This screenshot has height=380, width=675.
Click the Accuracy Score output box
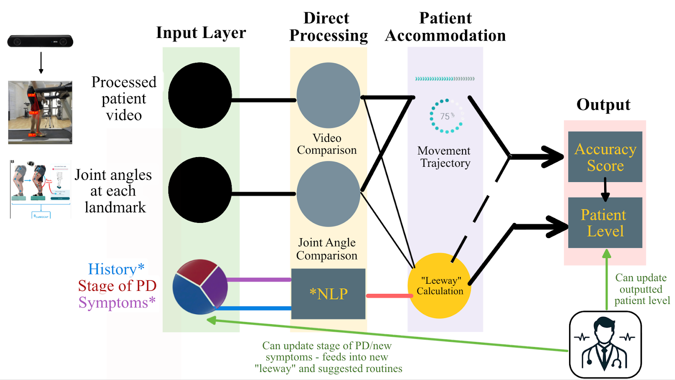pyautogui.click(x=605, y=157)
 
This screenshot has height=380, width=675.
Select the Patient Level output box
pyautogui.click(x=605, y=223)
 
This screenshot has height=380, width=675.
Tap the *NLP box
pyautogui.click(x=328, y=294)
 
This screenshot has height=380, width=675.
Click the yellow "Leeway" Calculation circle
pyautogui.click(x=440, y=286)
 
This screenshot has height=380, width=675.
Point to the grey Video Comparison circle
pyautogui.click(x=328, y=95)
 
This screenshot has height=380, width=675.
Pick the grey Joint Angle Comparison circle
pyautogui.click(x=328, y=194)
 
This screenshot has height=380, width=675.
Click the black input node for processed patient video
pyautogui.click(x=200, y=95)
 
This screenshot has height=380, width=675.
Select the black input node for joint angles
pyautogui.click(x=200, y=190)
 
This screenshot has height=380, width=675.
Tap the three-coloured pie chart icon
pyautogui.click(x=200, y=287)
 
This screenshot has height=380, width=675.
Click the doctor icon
pyautogui.click(x=605, y=345)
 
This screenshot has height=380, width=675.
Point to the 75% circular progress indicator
pyautogui.click(x=446, y=116)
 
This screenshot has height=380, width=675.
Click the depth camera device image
pyautogui.click(x=40, y=41)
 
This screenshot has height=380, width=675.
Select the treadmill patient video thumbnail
pyautogui.click(x=40, y=112)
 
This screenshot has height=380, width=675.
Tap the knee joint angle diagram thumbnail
pyautogui.click(x=40, y=189)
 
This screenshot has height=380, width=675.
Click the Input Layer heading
pyautogui.click(x=201, y=33)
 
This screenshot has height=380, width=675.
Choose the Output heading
pyautogui.click(x=603, y=105)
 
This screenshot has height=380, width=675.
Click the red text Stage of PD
pyautogui.click(x=117, y=286)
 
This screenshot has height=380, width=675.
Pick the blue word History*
pyautogui.click(x=116, y=269)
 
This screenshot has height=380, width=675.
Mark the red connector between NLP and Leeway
pyautogui.click(x=389, y=296)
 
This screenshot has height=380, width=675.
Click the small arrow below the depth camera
pyautogui.click(x=41, y=63)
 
